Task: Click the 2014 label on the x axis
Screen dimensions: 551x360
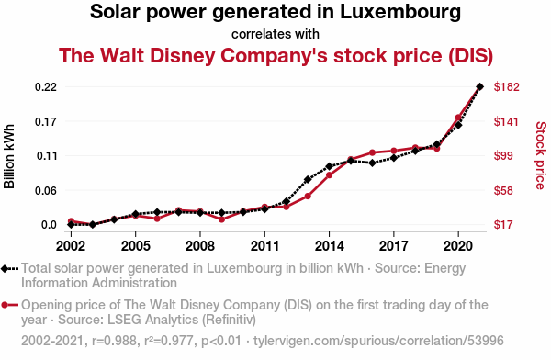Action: [x=329, y=246]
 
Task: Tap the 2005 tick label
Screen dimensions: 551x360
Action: [x=135, y=246]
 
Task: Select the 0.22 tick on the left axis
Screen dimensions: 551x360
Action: [x=46, y=87]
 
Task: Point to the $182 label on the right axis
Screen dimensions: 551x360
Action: [x=506, y=87]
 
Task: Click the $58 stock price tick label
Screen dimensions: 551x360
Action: [x=503, y=190]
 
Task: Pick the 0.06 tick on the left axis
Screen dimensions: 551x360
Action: [x=46, y=190]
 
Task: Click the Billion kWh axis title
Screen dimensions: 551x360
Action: [x=9, y=156]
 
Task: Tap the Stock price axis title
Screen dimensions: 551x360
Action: [x=541, y=155]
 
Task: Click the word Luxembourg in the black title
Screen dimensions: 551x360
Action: [x=399, y=12]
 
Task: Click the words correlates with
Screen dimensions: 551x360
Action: [x=275, y=35]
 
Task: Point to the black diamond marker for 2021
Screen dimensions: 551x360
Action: [x=479, y=86]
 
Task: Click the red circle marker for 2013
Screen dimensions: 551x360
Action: [x=308, y=197]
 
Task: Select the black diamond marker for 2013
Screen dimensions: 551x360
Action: [x=308, y=180]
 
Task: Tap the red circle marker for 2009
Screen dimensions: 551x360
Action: [x=221, y=219]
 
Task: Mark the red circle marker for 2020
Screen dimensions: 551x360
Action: [x=458, y=118]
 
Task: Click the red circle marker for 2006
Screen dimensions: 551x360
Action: [x=157, y=219]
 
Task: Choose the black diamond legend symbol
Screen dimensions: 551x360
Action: [x=5, y=269]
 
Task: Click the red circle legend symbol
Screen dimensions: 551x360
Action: [x=5, y=305]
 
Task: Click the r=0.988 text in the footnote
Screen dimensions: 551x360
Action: [x=114, y=341]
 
